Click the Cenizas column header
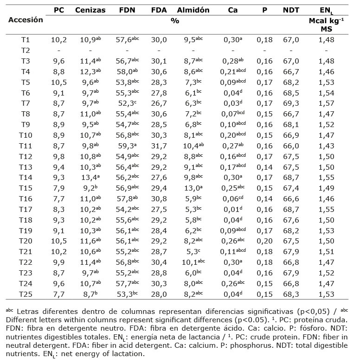(90, 10)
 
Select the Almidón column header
(193, 10)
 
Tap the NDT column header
(291, 10)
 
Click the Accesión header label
(26, 20)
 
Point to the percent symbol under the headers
(175, 21)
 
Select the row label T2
(26, 50)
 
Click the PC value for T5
(59, 80)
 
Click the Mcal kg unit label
(326, 21)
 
